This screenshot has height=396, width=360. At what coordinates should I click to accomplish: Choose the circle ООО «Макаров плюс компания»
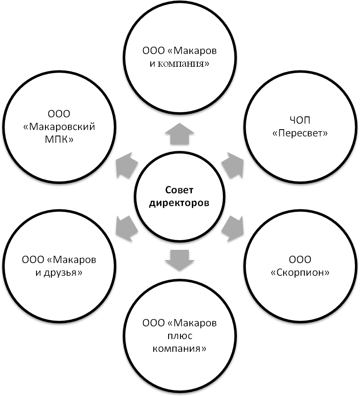[x=180, y=336]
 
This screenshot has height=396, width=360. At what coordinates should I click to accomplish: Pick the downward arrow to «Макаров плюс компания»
[x=179, y=258]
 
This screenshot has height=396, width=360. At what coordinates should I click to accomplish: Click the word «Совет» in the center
[x=179, y=190]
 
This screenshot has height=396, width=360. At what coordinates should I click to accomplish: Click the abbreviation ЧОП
[x=300, y=121]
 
